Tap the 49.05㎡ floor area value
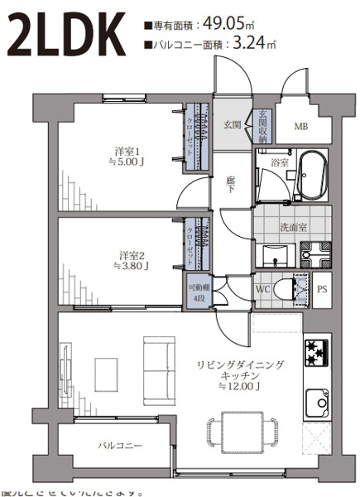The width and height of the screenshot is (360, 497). pos(224,25)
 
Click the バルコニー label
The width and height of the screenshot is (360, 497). pos(121,446)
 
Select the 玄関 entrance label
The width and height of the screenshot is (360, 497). pos(232,125)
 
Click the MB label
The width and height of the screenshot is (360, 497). pos(302,127)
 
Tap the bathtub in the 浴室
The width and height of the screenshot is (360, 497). pos(313,176)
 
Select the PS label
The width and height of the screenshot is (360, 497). pos(323,289)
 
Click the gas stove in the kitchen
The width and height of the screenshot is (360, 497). pos(317,354)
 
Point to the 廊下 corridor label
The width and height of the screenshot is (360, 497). pos(232,184)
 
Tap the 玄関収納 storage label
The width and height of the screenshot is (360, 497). pos(262,128)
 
